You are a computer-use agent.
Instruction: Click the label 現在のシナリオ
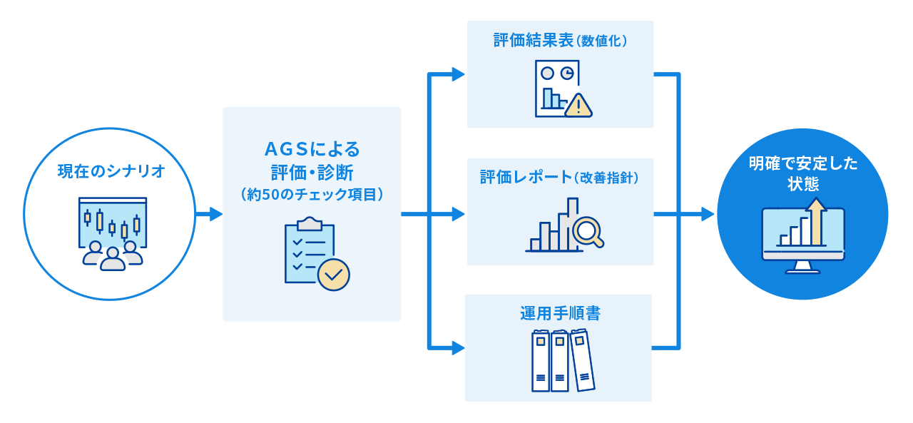click(111, 172)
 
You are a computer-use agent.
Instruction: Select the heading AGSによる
click(312, 150)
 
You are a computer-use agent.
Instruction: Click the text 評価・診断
click(312, 172)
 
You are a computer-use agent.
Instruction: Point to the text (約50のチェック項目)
click(312, 194)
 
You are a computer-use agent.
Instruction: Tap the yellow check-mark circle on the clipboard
click(333, 274)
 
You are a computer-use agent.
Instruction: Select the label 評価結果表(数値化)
click(560, 41)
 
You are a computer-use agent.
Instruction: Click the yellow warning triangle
click(578, 105)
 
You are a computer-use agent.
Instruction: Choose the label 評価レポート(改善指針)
click(560, 178)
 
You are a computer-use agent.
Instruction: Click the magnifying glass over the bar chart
click(588, 230)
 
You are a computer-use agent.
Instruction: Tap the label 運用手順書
click(560, 314)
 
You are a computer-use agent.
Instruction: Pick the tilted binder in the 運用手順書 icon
click(582, 360)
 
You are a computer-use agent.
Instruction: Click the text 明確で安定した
click(803, 163)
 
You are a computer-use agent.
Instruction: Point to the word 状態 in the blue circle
click(803, 185)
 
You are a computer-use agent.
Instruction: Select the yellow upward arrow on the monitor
click(817, 220)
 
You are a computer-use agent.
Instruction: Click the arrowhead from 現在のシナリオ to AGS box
click(215, 214)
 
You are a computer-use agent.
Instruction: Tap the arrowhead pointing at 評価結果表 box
click(458, 73)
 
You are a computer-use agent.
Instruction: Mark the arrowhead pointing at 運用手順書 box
click(458, 348)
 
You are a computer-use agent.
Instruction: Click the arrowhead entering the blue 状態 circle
click(708, 214)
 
